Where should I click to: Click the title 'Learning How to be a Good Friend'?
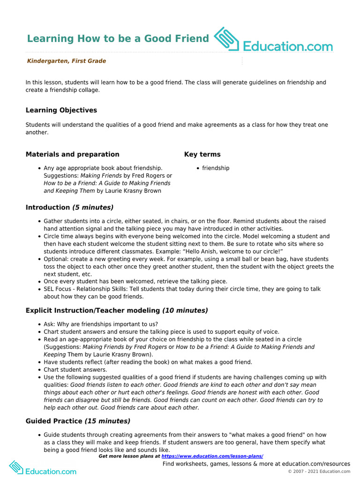(x=118, y=38)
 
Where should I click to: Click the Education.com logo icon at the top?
(x=226, y=39)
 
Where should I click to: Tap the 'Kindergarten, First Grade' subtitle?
(x=66, y=61)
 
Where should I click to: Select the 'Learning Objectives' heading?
(x=61, y=110)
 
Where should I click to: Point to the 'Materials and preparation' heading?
(x=72, y=154)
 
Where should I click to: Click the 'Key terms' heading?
(x=202, y=154)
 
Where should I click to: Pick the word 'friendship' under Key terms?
(x=216, y=168)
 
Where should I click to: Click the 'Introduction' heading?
(x=47, y=207)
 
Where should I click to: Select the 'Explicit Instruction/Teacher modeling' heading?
(x=92, y=310)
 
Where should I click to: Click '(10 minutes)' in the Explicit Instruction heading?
(x=185, y=310)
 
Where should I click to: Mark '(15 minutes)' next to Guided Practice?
(x=107, y=421)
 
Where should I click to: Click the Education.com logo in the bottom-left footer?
(x=43, y=469)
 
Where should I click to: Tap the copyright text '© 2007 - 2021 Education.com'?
(x=319, y=471)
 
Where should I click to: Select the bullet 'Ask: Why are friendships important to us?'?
(x=101, y=324)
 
